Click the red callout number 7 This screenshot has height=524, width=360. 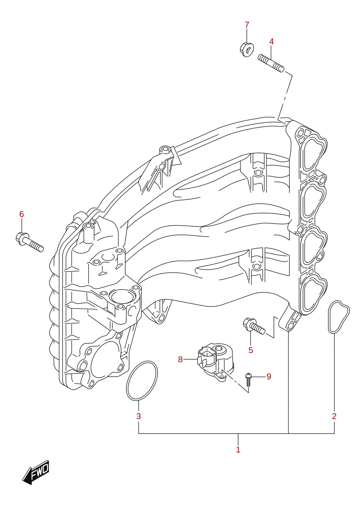point(247,24)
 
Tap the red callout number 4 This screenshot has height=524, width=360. point(271,41)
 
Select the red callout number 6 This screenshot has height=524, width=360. point(22,214)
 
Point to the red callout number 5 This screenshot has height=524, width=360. point(251,350)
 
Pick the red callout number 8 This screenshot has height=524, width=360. point(180,359)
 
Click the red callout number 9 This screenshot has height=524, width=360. point(269,376)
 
